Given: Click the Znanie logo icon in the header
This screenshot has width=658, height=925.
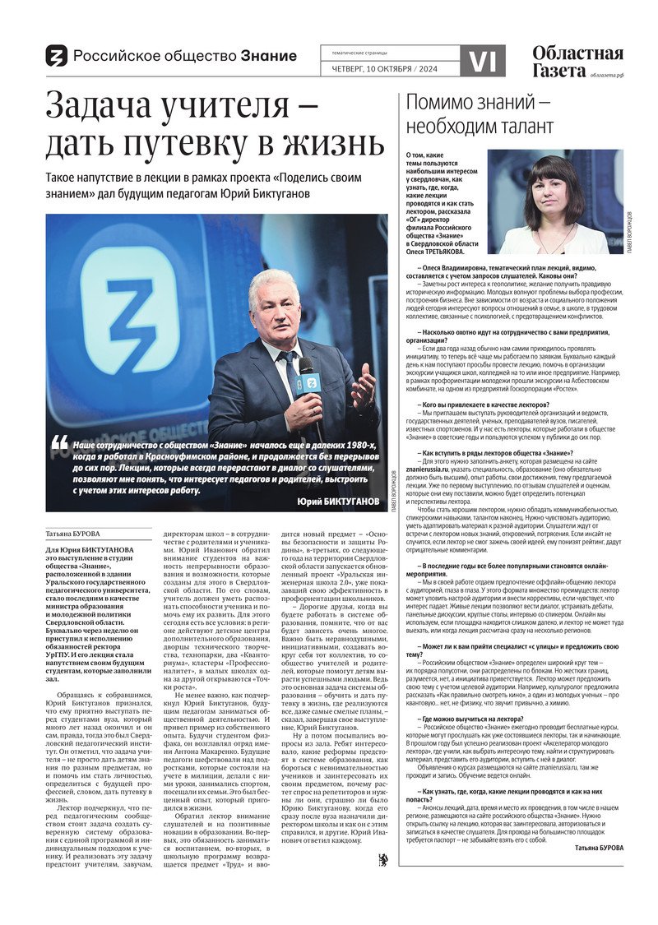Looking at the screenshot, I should [56, 56].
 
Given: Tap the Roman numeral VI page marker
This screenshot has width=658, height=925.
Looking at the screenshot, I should [481, 61].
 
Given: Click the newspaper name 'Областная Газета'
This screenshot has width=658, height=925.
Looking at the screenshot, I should [577, 62].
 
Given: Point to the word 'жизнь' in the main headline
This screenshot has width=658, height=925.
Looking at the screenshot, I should [329, 145].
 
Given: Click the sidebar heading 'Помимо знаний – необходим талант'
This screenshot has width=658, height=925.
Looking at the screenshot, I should [480, 114].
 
